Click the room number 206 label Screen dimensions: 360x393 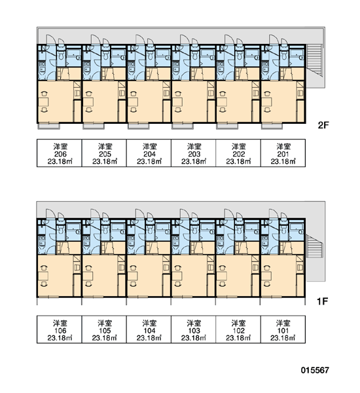pos(60,154)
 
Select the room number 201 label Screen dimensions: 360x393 pos(283,154)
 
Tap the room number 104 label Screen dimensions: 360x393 pos(149,331)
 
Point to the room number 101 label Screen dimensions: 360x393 pos(283,331)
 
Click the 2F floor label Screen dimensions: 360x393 pos(323,125)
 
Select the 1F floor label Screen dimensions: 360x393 pos(323,301)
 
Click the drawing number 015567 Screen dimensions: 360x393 pos(315,370)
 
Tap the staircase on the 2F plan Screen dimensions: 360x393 pos(314,60)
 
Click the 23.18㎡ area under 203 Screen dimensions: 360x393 pos(194,161)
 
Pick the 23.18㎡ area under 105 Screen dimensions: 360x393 pos(105,338)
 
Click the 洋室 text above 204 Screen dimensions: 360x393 pos(149,146)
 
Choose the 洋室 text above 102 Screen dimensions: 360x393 pos(238,323)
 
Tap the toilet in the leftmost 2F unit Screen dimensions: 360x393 pos(61,55)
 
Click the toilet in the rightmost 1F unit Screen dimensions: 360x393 pos(283,229)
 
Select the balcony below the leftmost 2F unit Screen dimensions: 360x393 pos(48,126)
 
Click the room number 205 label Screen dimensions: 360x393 pos(105,154)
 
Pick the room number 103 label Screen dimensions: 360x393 pos(194,331)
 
